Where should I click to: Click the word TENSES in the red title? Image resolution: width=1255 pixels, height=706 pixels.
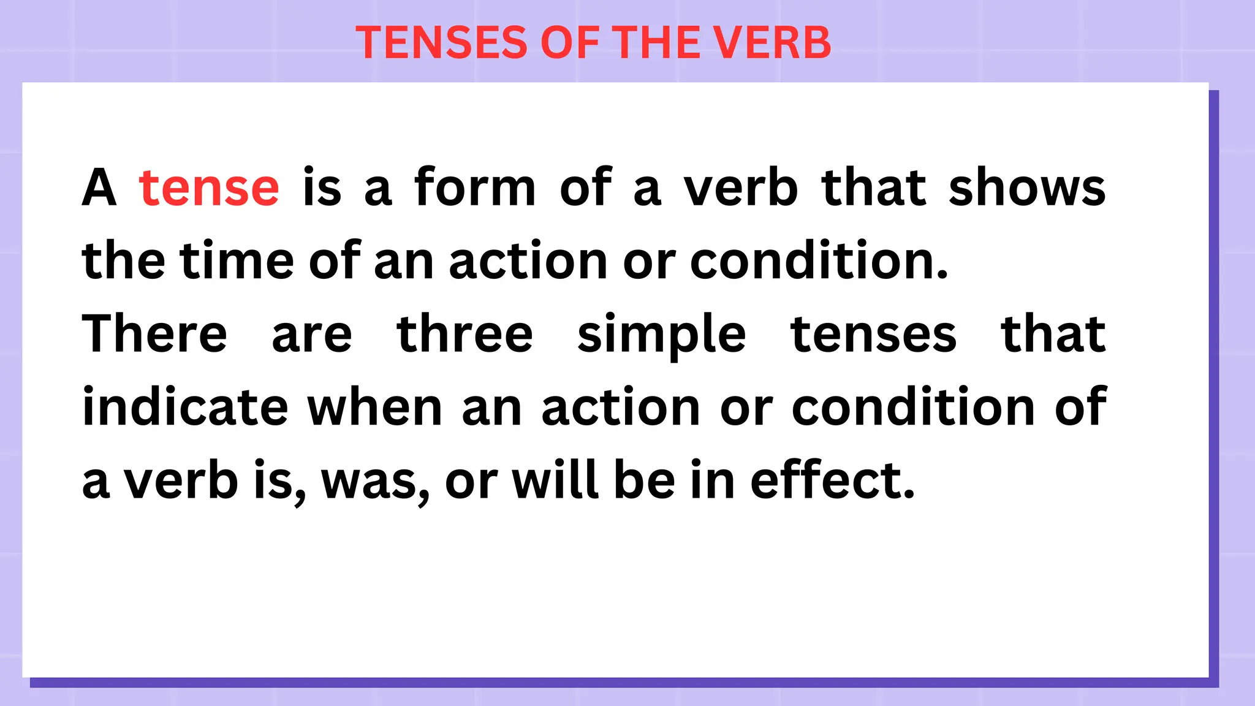coord(441,43)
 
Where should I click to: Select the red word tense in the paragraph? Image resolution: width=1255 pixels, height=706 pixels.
coord(209,188)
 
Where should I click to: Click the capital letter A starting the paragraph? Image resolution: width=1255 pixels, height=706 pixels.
coord(99,188)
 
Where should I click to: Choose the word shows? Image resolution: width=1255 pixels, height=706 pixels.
coord(1027,188)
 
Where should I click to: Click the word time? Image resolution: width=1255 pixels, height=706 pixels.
coord(237,260)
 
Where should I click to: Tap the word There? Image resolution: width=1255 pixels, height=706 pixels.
coord(154,334)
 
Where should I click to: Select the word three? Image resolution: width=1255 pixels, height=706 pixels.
coord(464,334)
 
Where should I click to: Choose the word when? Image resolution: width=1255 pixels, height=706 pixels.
coord(374,407)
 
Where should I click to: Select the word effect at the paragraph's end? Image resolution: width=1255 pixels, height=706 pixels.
coord(832,480)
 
